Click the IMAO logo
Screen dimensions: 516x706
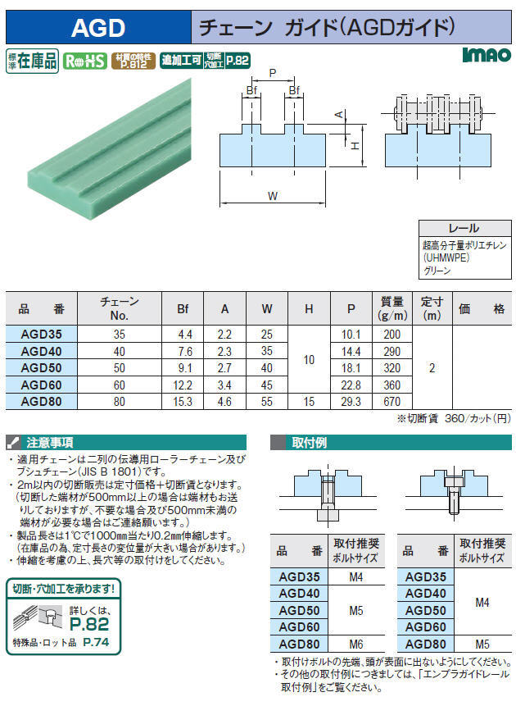487,54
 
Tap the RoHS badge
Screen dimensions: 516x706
85,61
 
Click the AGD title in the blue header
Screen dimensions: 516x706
98,28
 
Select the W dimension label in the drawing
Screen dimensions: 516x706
273,196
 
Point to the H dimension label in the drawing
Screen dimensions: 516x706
355,145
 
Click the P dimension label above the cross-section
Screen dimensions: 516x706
273,72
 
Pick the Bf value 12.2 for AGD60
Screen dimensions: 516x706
183,385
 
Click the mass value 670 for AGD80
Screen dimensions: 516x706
392,401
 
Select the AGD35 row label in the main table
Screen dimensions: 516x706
42,334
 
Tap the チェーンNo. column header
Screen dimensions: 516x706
120,308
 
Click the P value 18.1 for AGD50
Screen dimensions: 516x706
351,368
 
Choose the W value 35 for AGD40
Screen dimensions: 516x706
267,351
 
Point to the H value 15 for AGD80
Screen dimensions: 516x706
309,401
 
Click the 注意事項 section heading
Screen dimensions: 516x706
49,443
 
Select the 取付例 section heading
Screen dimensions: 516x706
309,443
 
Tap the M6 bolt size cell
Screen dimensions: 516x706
355,644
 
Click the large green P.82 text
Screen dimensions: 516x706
89,624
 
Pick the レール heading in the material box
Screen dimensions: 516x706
464,228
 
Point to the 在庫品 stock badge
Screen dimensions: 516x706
33,61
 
